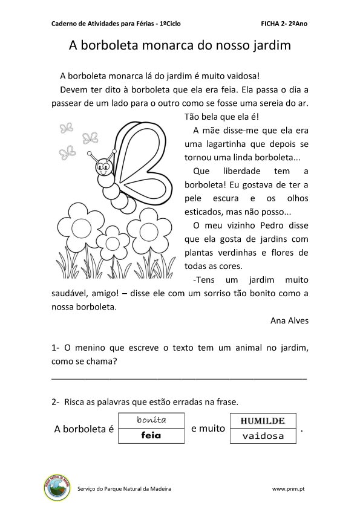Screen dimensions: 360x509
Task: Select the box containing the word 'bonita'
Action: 151,420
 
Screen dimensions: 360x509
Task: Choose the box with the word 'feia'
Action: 151,435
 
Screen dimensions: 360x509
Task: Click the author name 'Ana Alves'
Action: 289,320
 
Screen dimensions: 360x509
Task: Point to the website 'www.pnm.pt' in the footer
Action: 288,488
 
